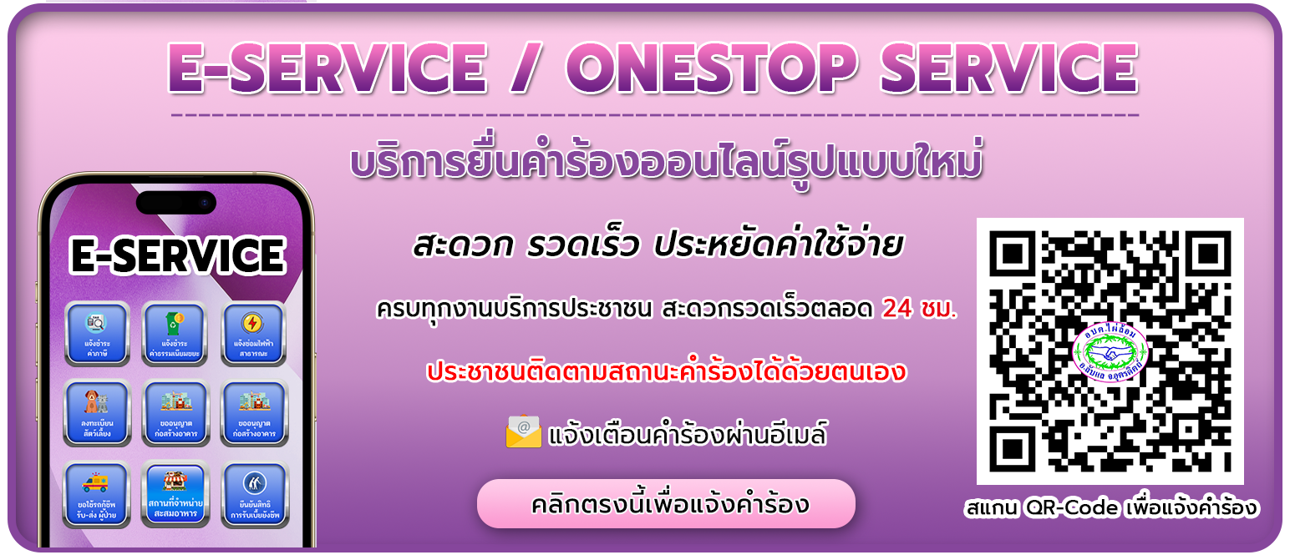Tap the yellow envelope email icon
(524, 432)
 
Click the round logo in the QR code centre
(1110, 351)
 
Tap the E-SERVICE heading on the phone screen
(177, 256)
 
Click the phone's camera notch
(176, 202)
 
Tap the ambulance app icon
(97, 493)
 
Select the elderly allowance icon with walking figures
(252, 493)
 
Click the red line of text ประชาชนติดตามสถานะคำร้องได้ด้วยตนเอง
(666, 372)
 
